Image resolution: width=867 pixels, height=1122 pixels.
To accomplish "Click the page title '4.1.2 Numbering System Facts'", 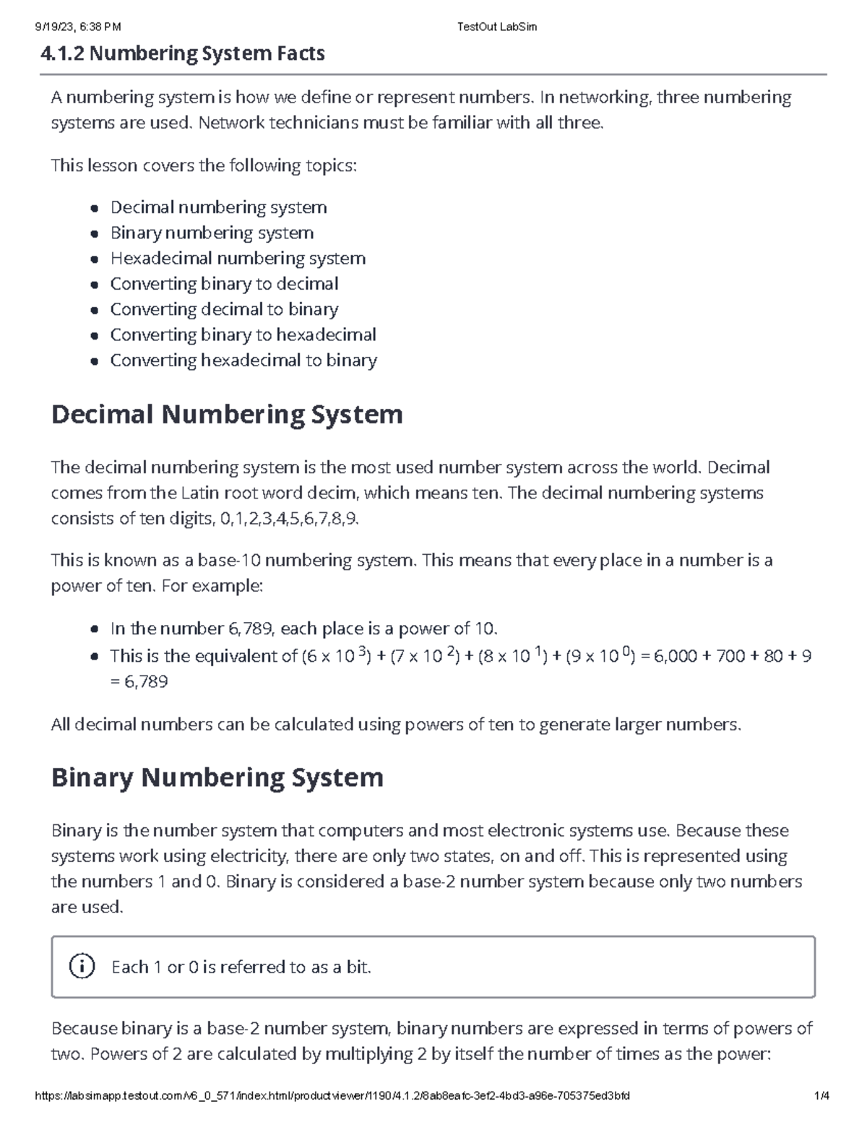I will coord(183,53).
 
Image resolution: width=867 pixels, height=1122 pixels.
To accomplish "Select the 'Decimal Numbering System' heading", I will coord(227,415).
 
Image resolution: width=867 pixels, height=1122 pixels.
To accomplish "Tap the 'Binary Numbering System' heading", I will coord(217,777).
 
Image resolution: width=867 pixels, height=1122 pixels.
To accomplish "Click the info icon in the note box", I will coord(82,966).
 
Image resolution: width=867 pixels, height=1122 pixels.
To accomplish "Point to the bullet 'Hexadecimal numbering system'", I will coord(238,259).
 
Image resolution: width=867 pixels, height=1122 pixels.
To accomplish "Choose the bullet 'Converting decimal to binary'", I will coord(224,309).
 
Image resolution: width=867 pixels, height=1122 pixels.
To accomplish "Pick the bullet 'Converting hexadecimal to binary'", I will coord(243,361).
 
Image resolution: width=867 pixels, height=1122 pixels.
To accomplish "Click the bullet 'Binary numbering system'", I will coord(212,233).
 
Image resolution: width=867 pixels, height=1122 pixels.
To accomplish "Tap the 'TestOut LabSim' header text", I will coord(497,27).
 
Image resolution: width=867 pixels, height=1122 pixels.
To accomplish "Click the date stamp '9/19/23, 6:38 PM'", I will coord(78,27).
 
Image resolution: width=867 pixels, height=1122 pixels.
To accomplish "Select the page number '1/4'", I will coord(821,1096).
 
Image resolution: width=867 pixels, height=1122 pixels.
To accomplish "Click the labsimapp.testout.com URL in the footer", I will coord(332,1096).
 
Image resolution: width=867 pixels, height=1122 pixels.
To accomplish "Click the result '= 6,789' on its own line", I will coord(139,682).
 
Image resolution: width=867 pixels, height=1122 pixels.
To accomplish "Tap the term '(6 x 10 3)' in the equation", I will coord(336,656).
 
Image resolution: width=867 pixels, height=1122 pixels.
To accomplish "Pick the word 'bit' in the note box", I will coord(357,967).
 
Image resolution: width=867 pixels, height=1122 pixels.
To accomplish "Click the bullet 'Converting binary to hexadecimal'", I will coord(243,335).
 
